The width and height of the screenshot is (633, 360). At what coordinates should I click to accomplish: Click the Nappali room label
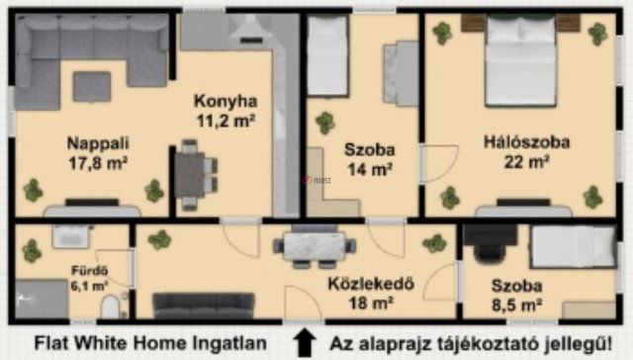88,140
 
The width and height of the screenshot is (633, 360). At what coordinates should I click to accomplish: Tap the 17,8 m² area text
88,161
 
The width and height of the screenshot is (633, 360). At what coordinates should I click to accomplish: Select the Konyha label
226,101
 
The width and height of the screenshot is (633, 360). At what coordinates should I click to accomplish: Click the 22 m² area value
526,162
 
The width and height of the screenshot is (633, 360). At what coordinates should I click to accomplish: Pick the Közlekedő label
370,282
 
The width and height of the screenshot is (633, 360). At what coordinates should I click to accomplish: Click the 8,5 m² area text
516,305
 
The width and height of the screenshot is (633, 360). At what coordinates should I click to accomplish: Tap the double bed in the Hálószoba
520,64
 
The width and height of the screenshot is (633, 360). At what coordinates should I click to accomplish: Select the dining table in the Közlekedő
317,245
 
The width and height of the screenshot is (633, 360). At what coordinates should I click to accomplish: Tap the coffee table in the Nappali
92,87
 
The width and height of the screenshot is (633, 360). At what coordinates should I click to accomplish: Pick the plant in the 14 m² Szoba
324,123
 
